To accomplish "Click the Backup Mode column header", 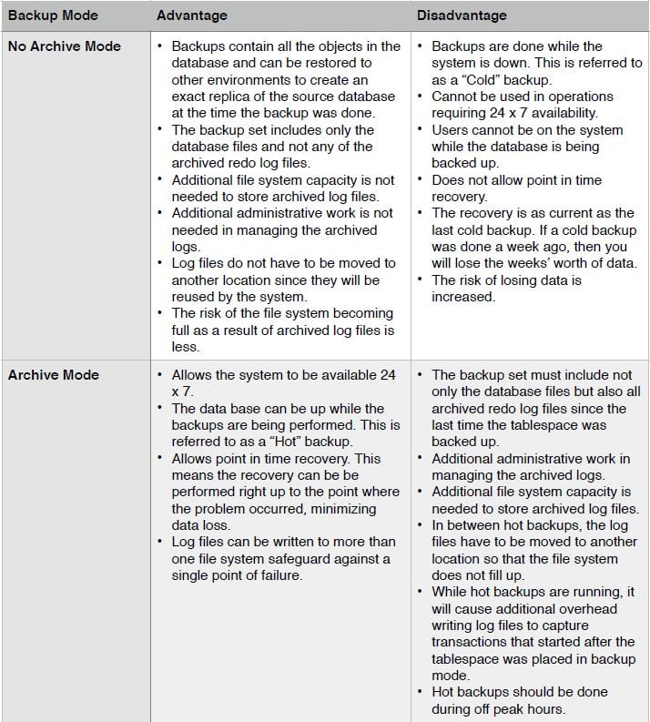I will click(53, 15).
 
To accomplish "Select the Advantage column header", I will click(191, 15).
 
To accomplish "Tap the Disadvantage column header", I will click(462, 15).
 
